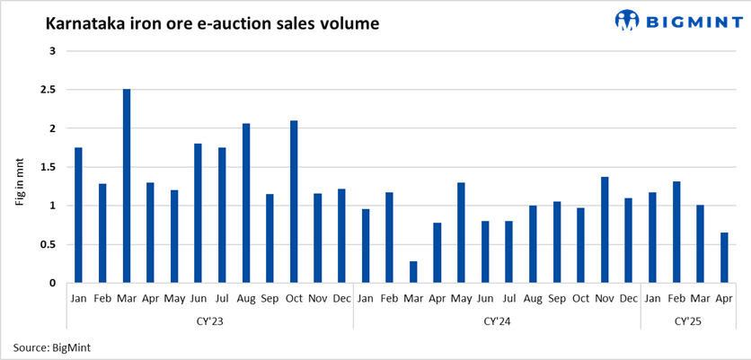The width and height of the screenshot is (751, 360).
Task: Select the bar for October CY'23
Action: [294, 202]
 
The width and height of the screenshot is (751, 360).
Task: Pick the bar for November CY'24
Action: [605, 230]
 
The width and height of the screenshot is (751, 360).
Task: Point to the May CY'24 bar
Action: [461, 233]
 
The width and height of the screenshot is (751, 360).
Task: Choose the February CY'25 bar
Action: [676, 233]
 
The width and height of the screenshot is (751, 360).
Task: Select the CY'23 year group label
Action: [210, 320]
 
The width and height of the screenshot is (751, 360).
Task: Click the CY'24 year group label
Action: [497, 320]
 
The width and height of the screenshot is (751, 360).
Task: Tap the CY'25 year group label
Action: [688, 320]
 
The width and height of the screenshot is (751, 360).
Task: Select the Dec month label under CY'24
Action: [628, 297]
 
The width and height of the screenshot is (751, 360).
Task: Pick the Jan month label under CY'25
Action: [652, 297]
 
